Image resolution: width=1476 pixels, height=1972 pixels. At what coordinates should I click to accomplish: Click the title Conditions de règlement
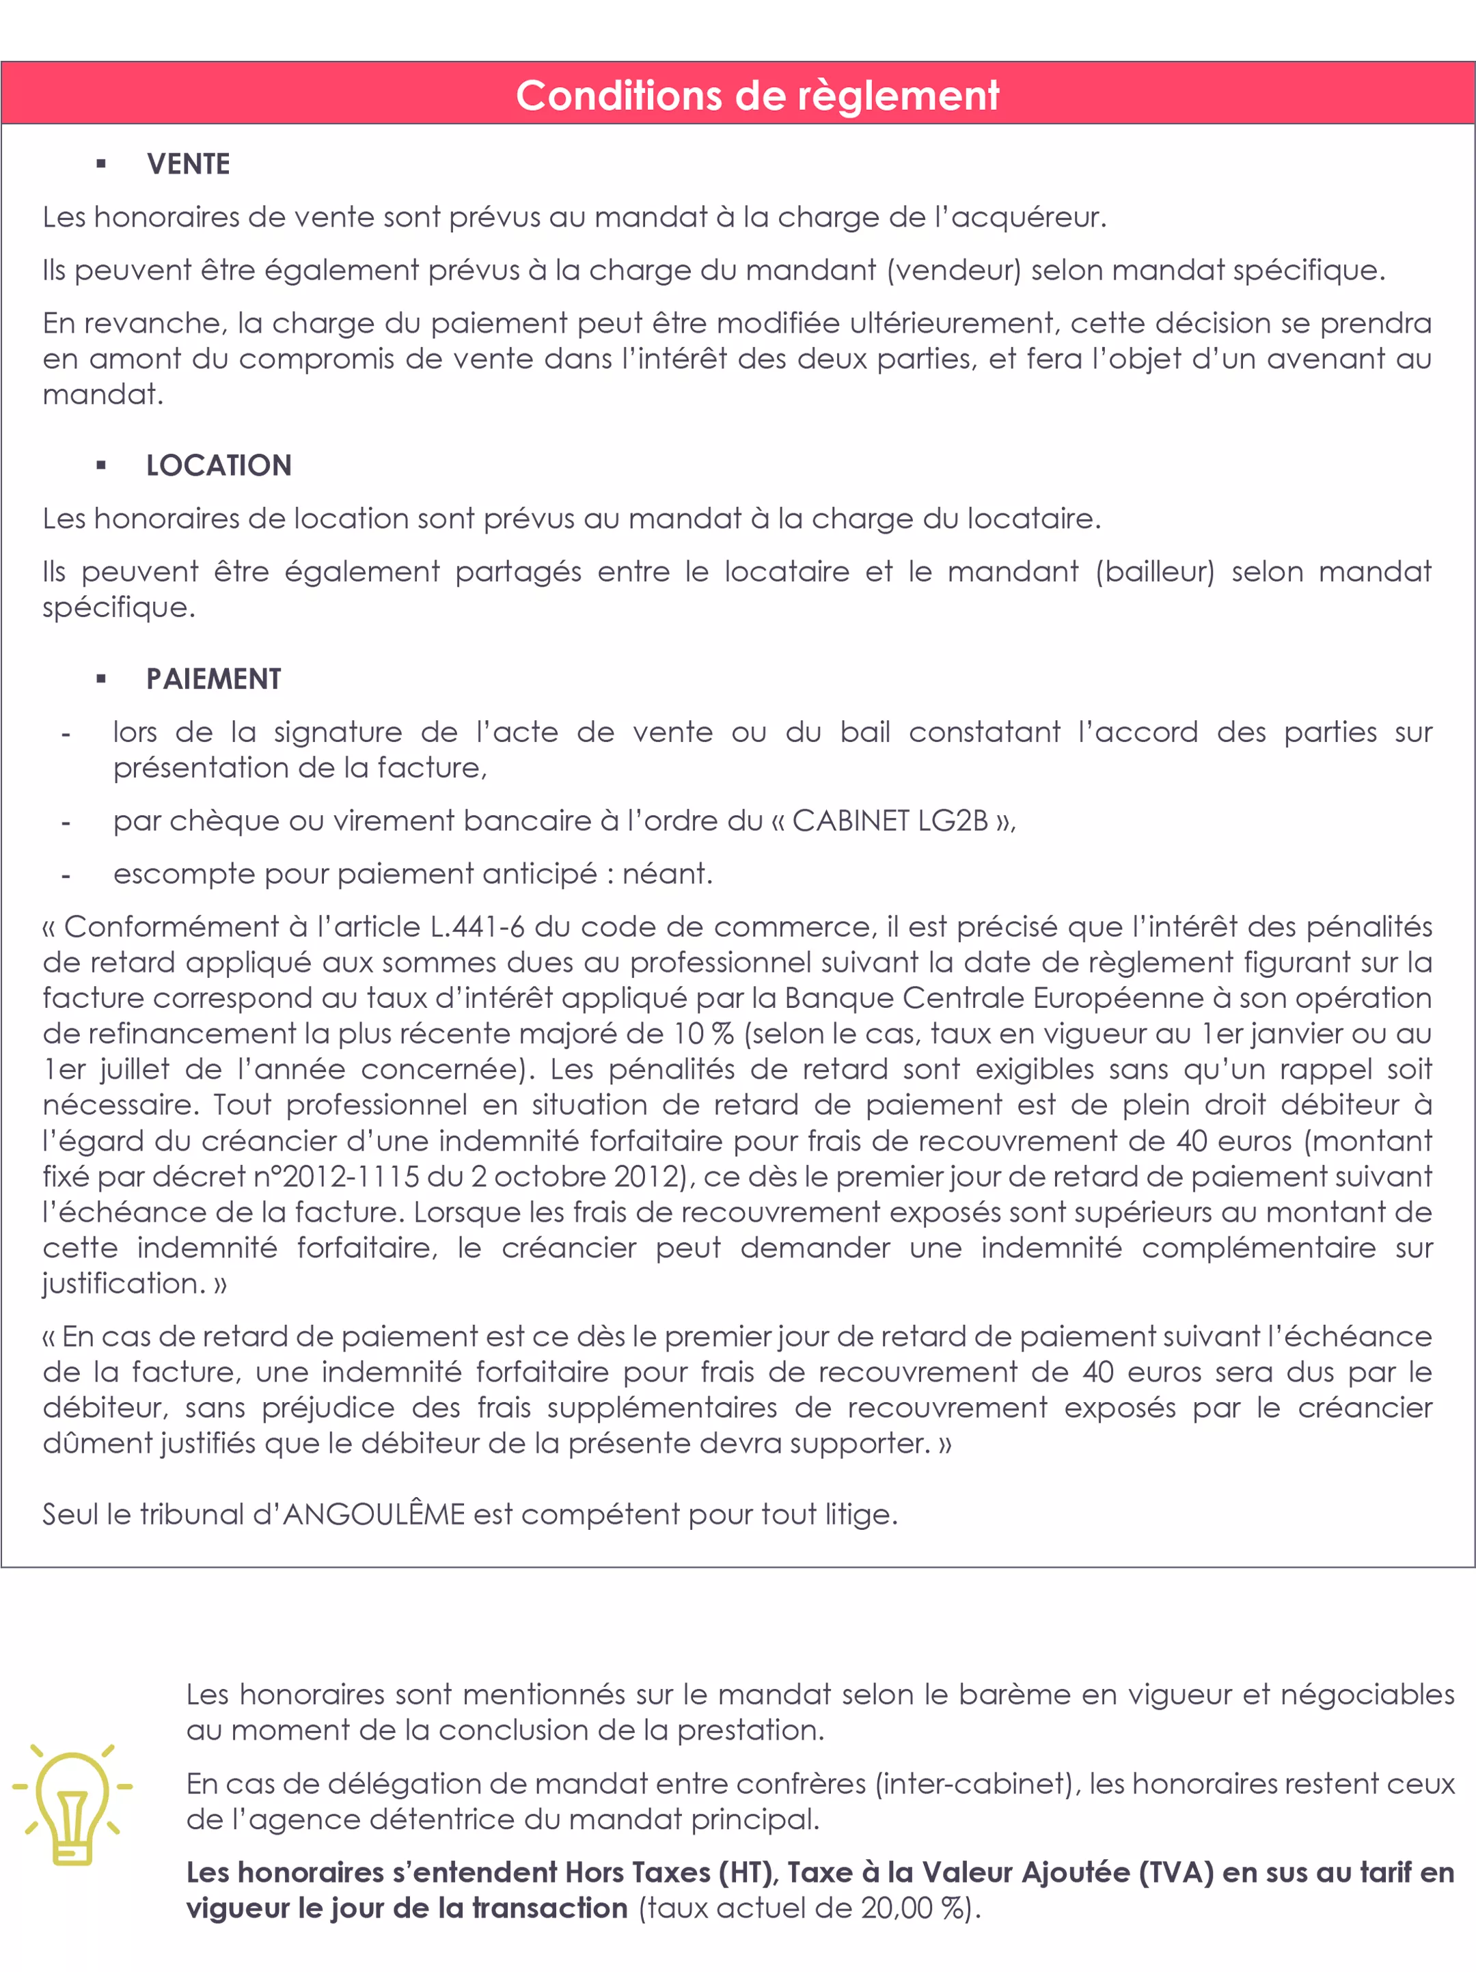pyautogui.click(x=758, y=96)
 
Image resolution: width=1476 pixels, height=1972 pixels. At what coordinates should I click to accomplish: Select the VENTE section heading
pyautogui.click(x=188, y=164)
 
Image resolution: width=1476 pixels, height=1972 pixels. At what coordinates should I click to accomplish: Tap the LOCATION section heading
pyautogui.click(x=219, y=465)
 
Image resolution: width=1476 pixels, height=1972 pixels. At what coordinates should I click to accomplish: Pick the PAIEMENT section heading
pyautogui.click(x=213, y=679)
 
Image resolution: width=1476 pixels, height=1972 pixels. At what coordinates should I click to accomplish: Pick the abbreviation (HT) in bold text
pyautogui.click(x=745, y=1873)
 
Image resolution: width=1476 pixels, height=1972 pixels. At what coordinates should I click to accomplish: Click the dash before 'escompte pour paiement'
pyautogui.click(x=66, y=875)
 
